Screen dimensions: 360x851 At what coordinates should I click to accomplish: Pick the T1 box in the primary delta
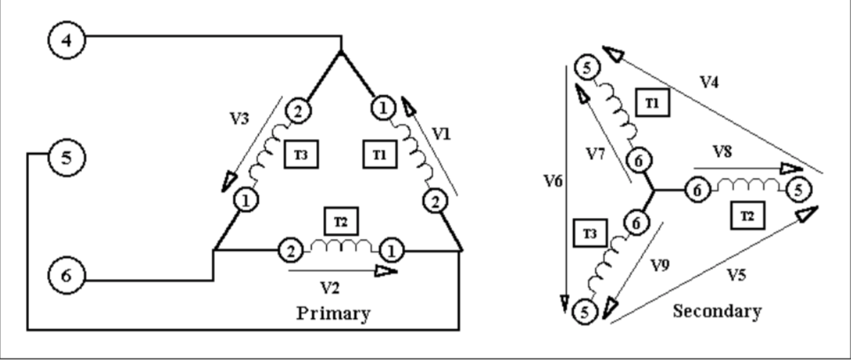[x=381, y=153]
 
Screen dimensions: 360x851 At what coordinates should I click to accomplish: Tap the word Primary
[x=333, y=313]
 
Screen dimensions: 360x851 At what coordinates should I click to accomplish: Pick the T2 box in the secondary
[x=746, y=217]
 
